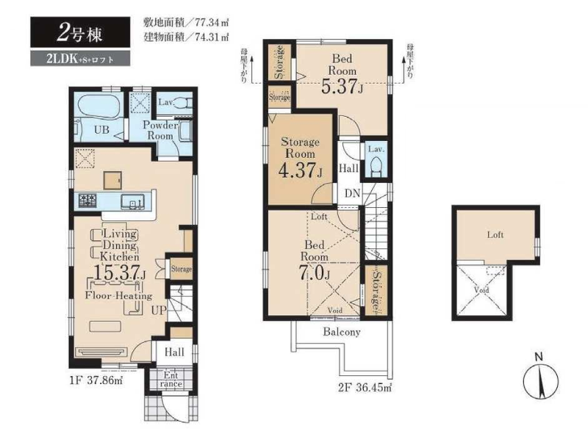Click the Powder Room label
pyautogui.click(x=159, y=131)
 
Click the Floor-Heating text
pyautogui.click(x=118, y=296)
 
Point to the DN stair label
pyautogui.click(x=351, y=194)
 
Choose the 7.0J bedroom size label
pyautogui.click(x=314, y=272)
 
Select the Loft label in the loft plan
pyautogui.click(x=495, y=236)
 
